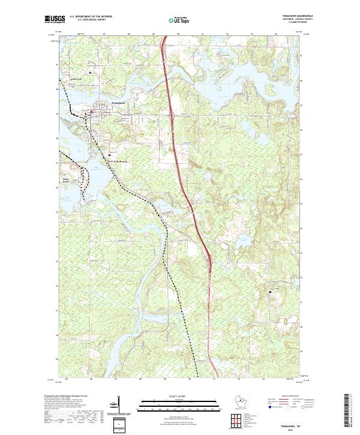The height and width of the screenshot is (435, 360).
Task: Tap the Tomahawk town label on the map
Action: [x=118, y=103]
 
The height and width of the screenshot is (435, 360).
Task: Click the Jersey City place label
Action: [x=76, y=79]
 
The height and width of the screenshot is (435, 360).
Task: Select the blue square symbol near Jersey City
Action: [x=89, y=73]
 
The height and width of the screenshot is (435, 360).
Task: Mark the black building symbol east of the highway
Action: [x=271, y=292]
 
